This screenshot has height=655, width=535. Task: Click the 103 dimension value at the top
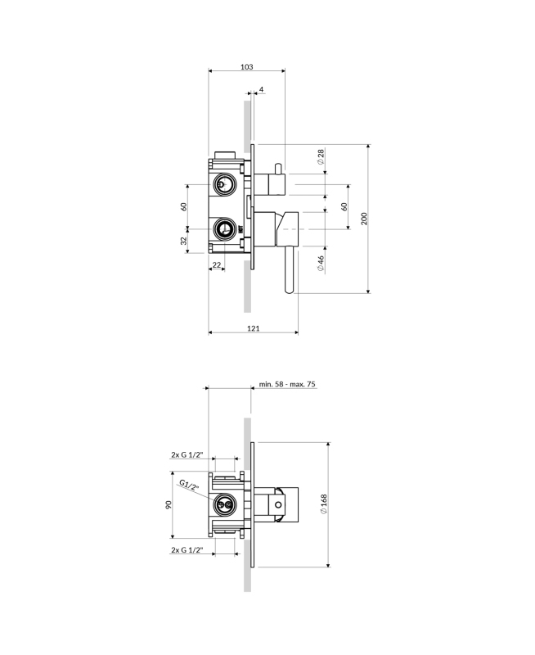pos(246,67)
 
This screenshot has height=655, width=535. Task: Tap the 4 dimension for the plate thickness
pos(261,89)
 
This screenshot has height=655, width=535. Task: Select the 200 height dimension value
pos(364,219)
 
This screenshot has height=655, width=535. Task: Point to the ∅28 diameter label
pos(321,156)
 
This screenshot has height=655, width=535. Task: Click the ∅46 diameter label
pos(321,263)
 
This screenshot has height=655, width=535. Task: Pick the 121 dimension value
pos(254,328)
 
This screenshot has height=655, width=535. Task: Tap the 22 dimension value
pos(217,264)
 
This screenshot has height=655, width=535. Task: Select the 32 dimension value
pos(183,241)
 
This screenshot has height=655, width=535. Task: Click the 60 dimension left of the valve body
pos(183,206)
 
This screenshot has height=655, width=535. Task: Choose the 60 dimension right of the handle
pos(344,206)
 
